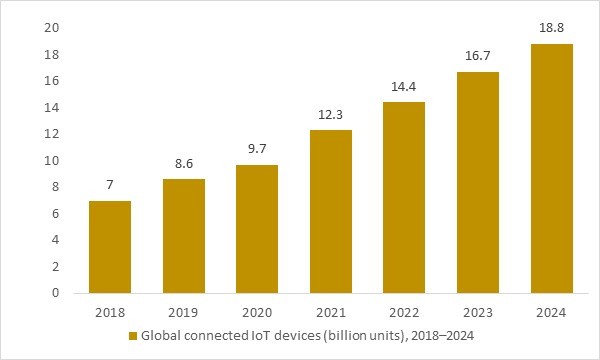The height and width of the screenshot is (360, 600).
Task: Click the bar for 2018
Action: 110,247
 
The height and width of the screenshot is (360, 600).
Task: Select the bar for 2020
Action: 257,229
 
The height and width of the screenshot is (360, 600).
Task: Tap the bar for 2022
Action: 404,197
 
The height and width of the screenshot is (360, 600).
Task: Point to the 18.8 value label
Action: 551,29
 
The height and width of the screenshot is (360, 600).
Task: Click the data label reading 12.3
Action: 330,115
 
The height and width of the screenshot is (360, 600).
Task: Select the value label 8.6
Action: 183,164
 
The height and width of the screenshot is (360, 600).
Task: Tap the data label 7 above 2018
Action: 110,186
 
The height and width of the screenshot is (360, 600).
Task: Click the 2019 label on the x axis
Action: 183,313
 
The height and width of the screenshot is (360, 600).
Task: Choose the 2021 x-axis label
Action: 330,313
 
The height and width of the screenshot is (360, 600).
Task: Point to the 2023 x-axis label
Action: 477,313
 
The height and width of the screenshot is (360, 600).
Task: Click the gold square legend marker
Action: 132,337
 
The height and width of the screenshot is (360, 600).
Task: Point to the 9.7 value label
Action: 257,149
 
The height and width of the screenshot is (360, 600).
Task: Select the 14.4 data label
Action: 404,87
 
